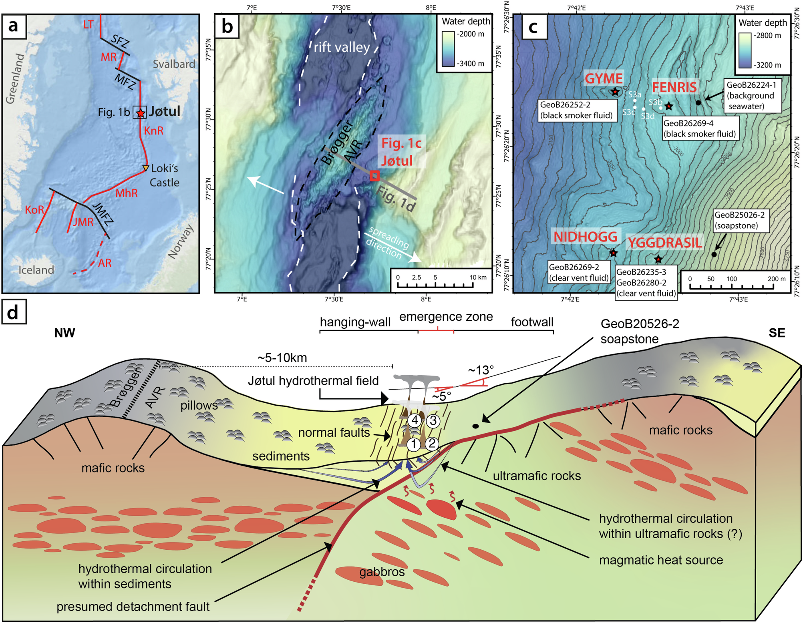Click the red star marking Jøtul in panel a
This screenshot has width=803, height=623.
(x=140, y=113)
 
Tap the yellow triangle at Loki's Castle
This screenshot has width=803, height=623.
(x=146, y=168)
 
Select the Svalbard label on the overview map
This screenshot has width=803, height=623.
(x=174, y=64)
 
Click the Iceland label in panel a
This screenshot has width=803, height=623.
(x=36, y=270)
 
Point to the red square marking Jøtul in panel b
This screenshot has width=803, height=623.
(x=374, y=176)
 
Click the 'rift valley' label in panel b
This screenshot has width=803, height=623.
(x=342, y=47)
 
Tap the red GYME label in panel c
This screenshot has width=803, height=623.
(x=604, y=78)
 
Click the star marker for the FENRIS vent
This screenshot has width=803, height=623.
(x=668, y=106)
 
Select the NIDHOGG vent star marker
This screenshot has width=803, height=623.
(x=613, y=253)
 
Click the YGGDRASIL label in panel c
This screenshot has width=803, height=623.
(x=664, y=243)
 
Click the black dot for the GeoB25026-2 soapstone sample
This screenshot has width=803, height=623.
(x=714, y=254)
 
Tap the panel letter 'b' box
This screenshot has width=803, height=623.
(x=227, y=26)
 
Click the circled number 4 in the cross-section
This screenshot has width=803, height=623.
(x=415, y=420)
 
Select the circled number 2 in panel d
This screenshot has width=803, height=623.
(x=432, y=443)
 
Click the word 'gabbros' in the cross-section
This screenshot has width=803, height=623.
(x=382, y=572)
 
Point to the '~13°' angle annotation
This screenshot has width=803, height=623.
(x=481, y=370)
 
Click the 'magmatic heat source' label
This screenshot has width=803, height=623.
(x=661, y=560)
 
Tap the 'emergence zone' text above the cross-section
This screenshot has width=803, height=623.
(x=446, y=317)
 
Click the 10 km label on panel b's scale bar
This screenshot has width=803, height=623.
(x=478, y=277)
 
